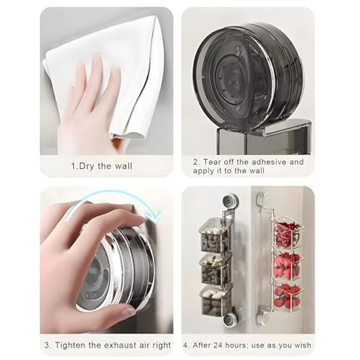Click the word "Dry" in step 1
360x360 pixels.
pyautogui.click(x=88, y=166)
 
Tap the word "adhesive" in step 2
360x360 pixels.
pyautogui.click(x=269, y=162)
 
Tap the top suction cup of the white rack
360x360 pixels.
pyautogui.click(x=264, y=198)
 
